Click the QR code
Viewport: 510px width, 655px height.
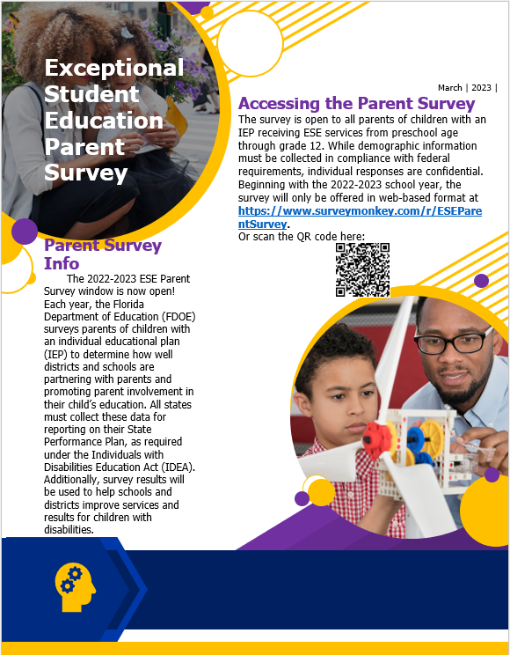point(362,269)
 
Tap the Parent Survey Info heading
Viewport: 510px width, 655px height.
point(102,254)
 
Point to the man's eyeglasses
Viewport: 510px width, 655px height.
point(452,342)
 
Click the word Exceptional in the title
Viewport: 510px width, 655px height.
point(114,68)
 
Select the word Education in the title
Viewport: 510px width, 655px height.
point(104,121)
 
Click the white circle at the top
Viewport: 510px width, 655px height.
point(249,42)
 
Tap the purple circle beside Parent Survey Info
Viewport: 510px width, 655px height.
point(25,232)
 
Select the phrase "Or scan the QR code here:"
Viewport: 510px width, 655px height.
point(302,237)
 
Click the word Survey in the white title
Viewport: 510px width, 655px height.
point(86,173)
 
